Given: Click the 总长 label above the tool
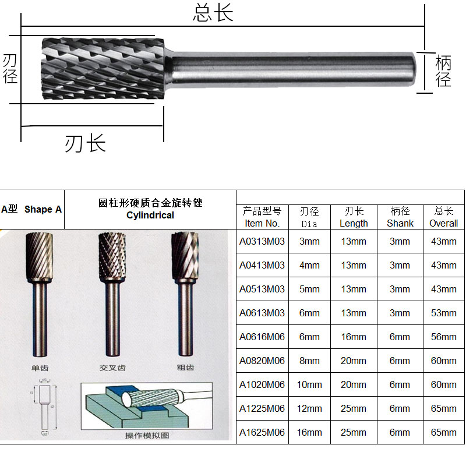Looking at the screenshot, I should tap(213, 13).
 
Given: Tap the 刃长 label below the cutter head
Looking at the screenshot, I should tap(85, 142).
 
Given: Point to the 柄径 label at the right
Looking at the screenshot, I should tap(443, 70).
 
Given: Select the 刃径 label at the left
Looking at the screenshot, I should tap(10, 69).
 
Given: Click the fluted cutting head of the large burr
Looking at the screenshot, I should tap(103, 69).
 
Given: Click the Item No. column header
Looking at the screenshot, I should tap(262, 217).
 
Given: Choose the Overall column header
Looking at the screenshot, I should tap(443, 217).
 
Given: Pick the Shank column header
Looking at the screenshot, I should tap(400, 217).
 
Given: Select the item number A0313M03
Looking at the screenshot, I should tap(262, 241).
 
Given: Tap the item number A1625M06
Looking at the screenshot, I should tap(262, 432).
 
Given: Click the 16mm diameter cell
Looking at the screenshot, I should tap(309, 432).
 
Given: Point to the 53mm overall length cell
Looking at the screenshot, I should tap(443, 313).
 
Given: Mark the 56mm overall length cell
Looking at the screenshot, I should tap(443, 337).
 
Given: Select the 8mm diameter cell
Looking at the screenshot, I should tap(309, 361).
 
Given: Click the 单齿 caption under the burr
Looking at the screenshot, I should tap(40, 368).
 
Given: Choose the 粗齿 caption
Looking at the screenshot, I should tap(185, 368).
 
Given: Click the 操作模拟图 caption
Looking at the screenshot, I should tap(147, 436).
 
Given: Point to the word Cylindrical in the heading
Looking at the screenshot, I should tap(150, 215).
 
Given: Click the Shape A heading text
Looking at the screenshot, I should tap(43, 209).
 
